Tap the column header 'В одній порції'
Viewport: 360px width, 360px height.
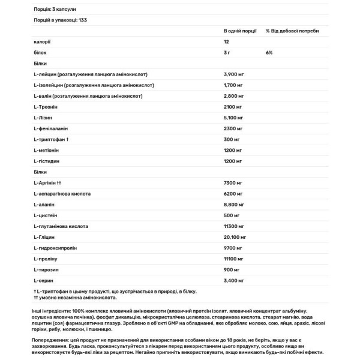[241, 30]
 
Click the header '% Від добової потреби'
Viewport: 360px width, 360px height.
[292, 30]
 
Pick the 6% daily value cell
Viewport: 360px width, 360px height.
[269, 52]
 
